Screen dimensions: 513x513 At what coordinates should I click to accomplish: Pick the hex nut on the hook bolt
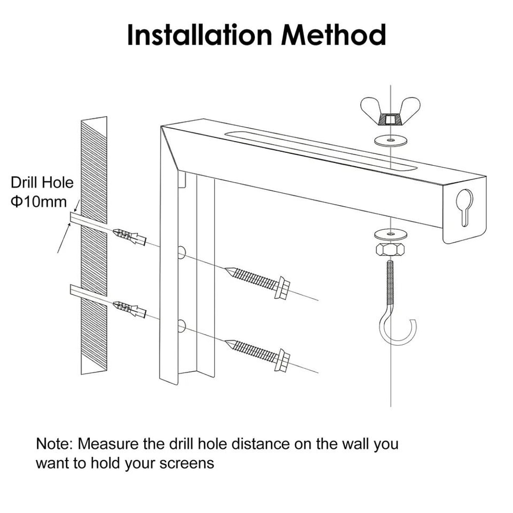point(391,250)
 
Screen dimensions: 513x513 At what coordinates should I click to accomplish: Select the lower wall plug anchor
point(129,308)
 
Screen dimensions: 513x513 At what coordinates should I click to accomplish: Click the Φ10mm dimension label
point(38,202)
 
